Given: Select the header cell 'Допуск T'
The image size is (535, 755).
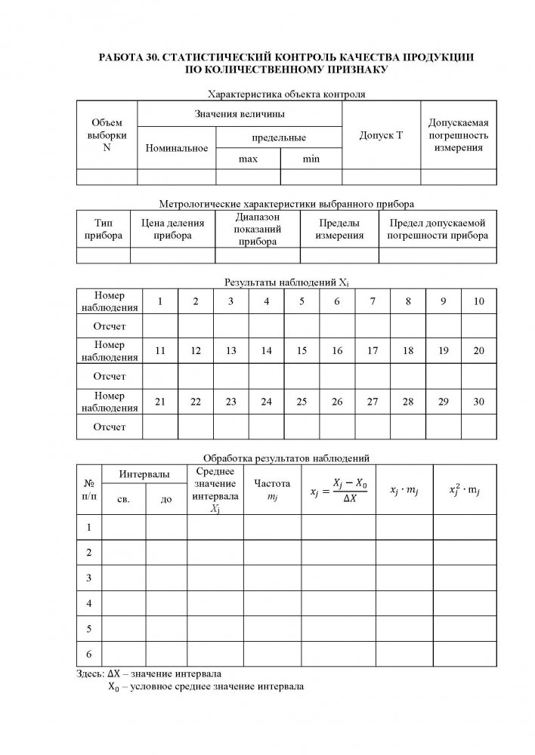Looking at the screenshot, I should point(382,135).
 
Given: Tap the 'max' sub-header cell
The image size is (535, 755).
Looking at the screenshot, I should point(248,159).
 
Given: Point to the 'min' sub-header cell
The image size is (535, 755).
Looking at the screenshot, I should point(311,159).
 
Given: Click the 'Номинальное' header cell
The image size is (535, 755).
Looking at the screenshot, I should point(177,148).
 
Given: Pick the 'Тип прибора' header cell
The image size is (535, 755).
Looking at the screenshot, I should point(104,230).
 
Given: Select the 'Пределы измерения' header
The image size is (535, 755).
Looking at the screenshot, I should point(339,230).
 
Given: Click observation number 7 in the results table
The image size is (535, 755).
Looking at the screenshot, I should point(373,301).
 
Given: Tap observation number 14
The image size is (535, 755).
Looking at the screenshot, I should point(266,351).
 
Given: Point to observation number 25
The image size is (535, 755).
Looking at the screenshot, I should point(302,401).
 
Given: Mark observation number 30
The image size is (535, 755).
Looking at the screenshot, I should point(478,401).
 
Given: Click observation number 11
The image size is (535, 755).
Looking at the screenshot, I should point(160,351).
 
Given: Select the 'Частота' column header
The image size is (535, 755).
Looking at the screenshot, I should point(271,488).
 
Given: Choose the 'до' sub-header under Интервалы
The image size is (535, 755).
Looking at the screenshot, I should point(166,500).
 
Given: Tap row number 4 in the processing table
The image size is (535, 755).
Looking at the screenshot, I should point(89,603).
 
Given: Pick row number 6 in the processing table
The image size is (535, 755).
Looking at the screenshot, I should point(89,653).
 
